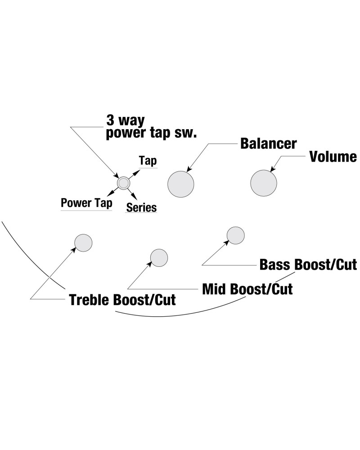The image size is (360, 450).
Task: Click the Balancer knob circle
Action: (x=181, y=184)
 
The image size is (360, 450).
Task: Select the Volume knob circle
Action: (x=264, y=183)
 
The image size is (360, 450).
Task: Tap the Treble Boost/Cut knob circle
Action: (x=83, y=243)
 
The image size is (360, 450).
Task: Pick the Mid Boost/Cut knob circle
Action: (x=159, y=257)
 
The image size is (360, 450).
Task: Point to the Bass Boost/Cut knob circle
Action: (x=235, y=235)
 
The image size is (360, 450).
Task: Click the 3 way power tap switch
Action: (x=123, y=183)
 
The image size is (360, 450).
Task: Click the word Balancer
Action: (x=268, y=144)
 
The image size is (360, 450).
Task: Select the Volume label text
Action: (x=333, y=157)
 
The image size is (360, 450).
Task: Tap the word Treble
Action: (x=89, y=300)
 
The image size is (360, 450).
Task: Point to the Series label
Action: (x=141, y=207)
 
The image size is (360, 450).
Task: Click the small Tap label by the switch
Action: (x=148, y=161)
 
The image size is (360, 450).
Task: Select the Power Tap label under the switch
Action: (x=86, y=202)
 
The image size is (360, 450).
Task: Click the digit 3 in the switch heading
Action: (x=110, y=120)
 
